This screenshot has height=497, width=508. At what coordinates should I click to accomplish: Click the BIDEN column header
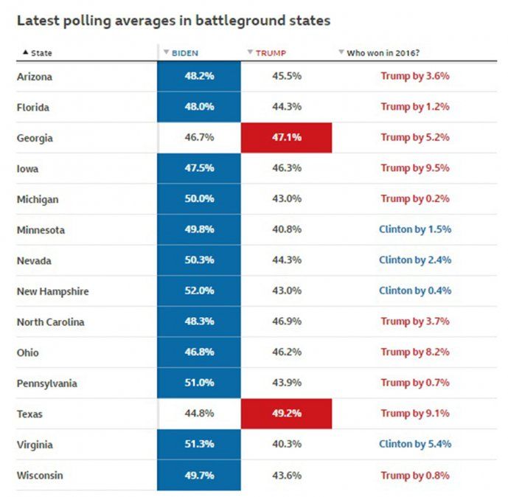point(184,53)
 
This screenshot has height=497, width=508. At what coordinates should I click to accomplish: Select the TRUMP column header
point(271,53)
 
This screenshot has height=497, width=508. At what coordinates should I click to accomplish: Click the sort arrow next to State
point(26,53)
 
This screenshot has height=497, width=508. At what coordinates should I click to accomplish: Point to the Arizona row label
point(35,77)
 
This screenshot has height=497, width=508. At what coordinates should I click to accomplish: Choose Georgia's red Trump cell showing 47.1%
point(286,138)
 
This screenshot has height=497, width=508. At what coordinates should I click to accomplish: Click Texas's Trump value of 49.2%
point(286,414)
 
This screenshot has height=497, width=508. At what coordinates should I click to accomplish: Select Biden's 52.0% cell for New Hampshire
point(199,291)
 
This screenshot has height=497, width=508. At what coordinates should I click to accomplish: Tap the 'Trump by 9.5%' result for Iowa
point(414,168)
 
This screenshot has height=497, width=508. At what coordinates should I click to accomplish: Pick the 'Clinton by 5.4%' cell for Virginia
point(414,445)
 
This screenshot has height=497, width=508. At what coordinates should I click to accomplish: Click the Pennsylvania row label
point(46,383)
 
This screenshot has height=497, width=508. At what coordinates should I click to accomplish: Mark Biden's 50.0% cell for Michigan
point(199,199)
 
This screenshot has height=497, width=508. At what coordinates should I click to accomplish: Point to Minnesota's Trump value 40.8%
point(286,230)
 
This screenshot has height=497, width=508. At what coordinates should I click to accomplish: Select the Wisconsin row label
point(40,476)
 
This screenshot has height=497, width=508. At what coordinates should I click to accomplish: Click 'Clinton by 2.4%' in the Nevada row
point(414,260)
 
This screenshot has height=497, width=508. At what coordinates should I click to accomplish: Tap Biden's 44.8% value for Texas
point(199,414)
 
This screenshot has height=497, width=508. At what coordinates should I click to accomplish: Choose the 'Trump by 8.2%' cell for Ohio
point(414,352)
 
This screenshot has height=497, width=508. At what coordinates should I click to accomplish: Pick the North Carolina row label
point(50,322)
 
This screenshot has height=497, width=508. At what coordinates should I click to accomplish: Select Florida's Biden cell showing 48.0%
point(199,107)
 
